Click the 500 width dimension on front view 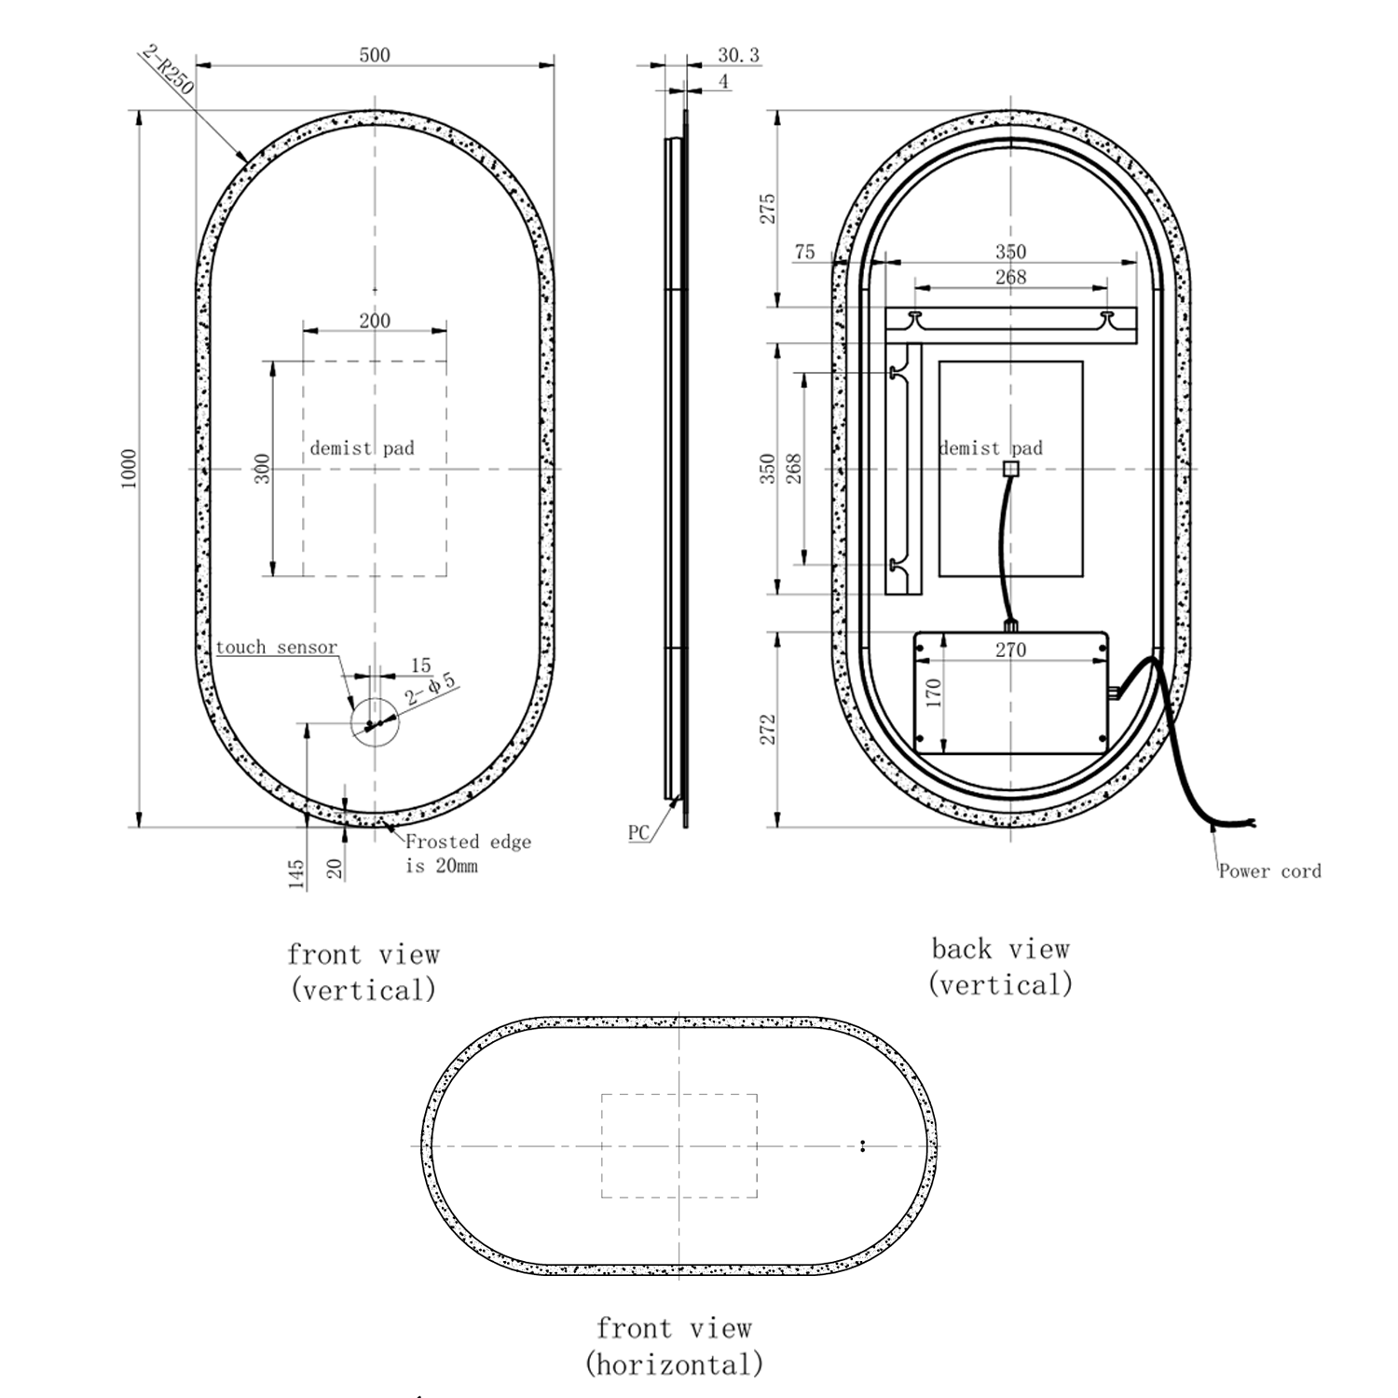(375, 55)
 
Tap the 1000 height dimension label (130, 468)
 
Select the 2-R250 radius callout (169, 70)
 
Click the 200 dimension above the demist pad (375, 321)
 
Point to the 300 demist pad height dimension (262, 468)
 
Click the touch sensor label (276, 648)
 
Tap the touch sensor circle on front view (374, 720)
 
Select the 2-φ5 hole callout (432, 689)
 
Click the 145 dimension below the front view (295, 874)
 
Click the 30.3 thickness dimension (738, 56)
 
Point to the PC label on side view (638, 833)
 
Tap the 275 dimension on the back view (766, 209)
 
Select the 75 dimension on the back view (804, 253)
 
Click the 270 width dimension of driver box (1010, 650)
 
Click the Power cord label (1269, 871)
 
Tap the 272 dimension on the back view (766, 730)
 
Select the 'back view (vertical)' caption (1000, 966)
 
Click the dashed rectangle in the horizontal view (678, 1145)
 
